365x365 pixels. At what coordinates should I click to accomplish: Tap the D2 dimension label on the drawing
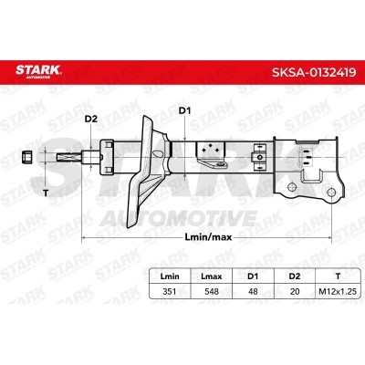(x=89, y=120)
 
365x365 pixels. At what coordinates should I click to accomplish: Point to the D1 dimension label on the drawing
(x=184, y=112)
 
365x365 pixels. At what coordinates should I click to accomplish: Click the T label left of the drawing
(x=42, y=193)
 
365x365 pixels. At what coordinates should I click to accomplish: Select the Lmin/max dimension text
(x=204, y=235)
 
